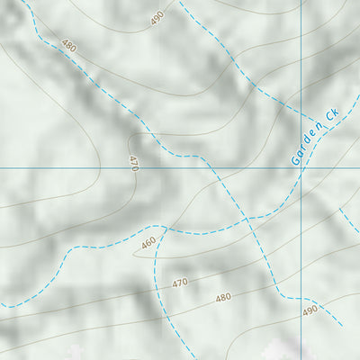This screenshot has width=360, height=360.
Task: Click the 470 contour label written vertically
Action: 134,163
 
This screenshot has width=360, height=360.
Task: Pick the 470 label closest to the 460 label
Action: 180,283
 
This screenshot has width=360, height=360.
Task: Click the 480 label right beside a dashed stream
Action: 68,45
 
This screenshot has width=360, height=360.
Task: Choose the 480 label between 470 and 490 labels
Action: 223,297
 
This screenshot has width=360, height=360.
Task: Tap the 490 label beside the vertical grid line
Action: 310,310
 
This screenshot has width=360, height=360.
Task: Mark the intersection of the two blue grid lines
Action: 301,167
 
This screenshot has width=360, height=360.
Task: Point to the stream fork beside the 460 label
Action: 163,227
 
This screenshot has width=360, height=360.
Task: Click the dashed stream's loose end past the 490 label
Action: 342,326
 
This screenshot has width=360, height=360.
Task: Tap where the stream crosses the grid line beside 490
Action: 301,298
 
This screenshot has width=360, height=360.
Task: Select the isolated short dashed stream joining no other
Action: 349,220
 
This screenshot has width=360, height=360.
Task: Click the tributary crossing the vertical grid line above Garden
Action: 301,112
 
